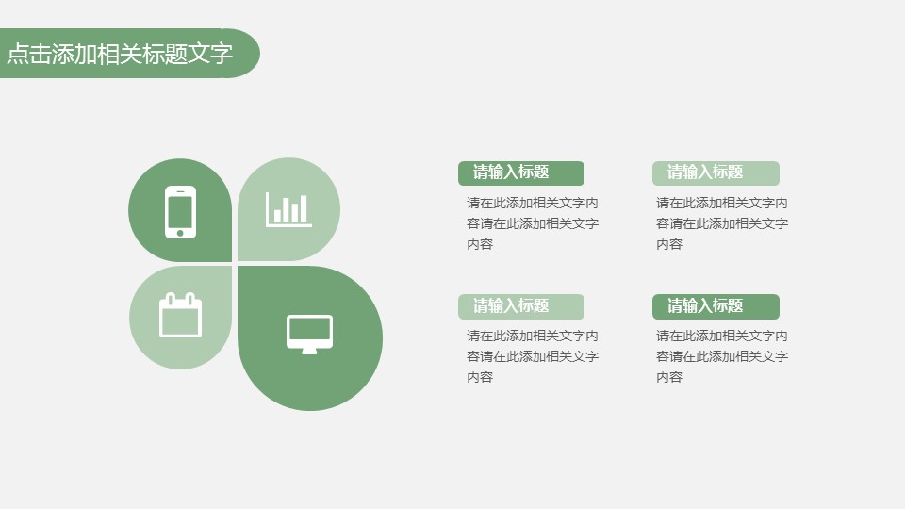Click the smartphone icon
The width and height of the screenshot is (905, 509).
click(180, 212)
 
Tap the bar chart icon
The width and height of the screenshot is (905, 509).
click(288, 209)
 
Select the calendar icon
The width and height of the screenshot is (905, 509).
click(181, 315)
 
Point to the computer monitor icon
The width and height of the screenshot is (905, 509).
click(309, 334)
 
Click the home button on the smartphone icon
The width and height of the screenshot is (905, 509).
click(180, 233)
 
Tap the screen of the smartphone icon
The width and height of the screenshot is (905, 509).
click(180, 212)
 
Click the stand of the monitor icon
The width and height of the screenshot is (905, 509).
click(309, 351)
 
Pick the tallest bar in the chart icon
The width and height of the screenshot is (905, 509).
click(304, 209)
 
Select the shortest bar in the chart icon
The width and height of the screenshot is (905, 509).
click(277, 215)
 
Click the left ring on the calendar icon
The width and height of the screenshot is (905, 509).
click(171, 299)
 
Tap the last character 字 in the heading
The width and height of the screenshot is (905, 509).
click(222, 54)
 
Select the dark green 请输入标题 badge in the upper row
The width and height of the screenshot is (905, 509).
click(521, 173)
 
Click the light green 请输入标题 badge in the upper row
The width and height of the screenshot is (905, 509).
click(716, 173)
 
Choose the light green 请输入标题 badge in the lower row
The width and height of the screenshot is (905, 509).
click(521, 306)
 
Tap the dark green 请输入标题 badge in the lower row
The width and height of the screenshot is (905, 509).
click(716, 306)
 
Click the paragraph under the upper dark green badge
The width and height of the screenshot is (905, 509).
click(532, 223)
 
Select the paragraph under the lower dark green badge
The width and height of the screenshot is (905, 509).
click(721, 356)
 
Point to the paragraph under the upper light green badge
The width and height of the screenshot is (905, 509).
click(721, 223)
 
